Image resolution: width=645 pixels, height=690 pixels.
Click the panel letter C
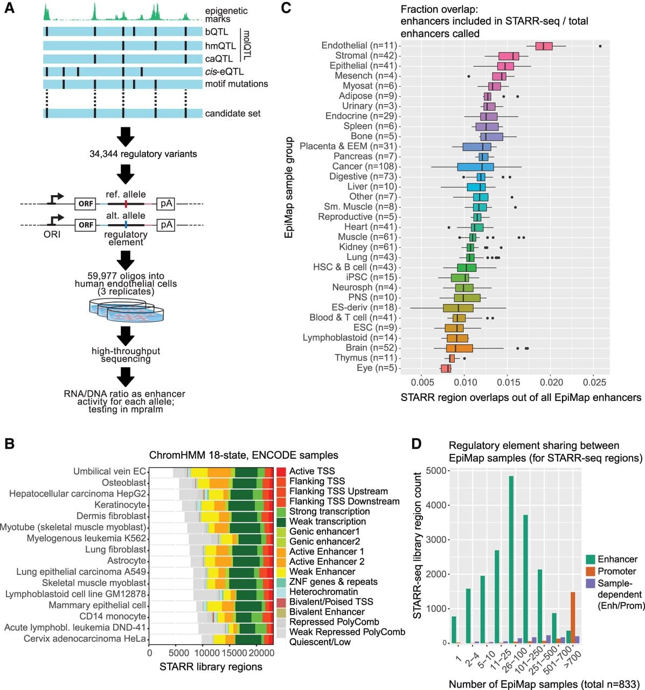(286, 8)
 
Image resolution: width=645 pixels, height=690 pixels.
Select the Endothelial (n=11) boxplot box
(544, 46)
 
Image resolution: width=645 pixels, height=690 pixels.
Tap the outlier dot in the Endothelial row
(600, 46)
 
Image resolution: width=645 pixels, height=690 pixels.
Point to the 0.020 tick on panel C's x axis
(551, 383)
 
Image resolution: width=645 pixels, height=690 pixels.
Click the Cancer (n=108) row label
(364, 167)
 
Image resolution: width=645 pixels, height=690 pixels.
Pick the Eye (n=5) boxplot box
(446, 368)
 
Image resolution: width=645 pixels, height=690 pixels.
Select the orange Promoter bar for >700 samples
(573, 583)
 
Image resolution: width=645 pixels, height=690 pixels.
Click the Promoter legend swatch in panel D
(591, 571)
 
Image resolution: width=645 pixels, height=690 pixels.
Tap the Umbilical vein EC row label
(109, 471)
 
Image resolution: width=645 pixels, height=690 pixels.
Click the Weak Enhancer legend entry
(322, 571)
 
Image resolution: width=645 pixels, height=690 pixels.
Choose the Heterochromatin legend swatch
(281, 592)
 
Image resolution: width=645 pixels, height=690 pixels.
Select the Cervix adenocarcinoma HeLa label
(85, 639)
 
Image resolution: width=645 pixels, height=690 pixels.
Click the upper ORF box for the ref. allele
(86, 204)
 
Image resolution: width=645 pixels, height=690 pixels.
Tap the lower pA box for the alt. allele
(165, 225)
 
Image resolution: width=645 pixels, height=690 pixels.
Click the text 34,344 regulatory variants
(143, 154)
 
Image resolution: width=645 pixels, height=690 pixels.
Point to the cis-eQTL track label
(224, 72)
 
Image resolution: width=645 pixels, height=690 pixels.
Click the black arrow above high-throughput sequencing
(126, 336)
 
